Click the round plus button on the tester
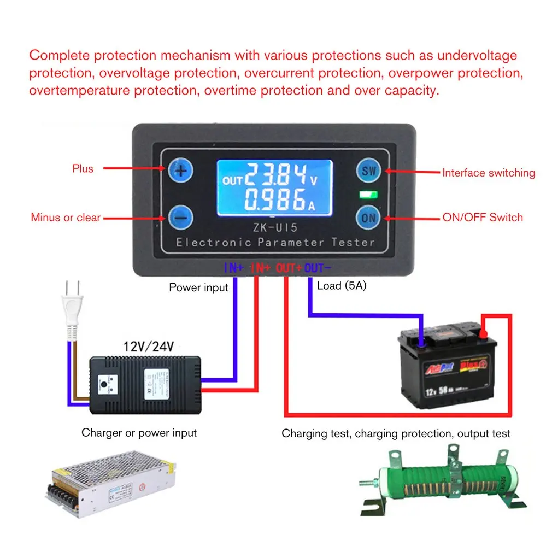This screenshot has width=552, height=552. click(180, 171)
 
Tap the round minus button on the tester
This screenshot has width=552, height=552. click(180, 218)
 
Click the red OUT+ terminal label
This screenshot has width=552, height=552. click(289, 268)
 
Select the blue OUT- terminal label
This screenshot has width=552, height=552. click(318, 268)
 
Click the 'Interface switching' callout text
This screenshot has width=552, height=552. click(488, 173)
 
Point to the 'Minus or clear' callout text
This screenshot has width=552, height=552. click(66, 218)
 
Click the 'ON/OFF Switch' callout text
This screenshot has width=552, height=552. click(482, 218)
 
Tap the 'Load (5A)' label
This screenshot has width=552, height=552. click(342, 285)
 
